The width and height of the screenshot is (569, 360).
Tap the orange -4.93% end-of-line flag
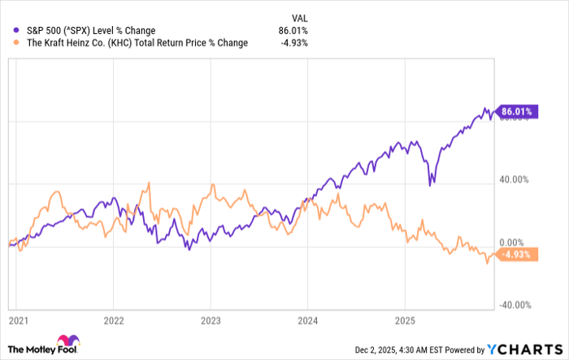tap(514, 255)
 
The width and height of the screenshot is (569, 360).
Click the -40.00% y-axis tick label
tap(512, 306)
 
